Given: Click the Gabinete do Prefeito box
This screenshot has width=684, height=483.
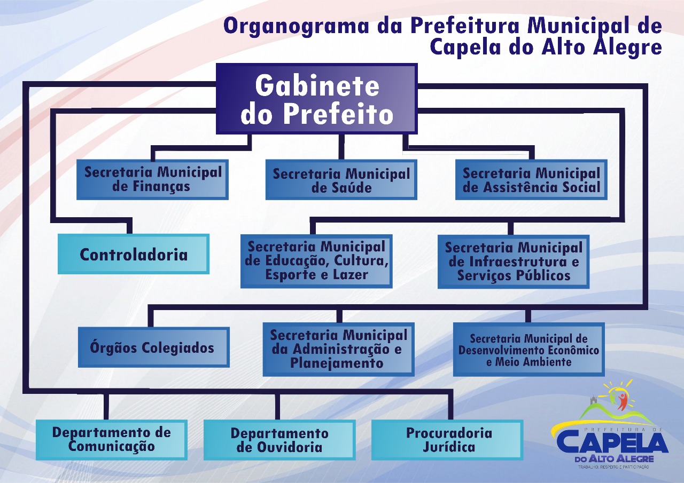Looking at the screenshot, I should point(316,99).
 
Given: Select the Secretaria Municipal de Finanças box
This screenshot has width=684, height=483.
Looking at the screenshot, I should point(152,180).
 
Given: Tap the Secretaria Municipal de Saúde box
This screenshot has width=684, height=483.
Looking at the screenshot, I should point(341,180).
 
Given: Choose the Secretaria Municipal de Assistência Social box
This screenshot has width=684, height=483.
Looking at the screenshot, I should point(531,180).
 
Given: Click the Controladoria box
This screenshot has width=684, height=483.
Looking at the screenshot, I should point(134,254).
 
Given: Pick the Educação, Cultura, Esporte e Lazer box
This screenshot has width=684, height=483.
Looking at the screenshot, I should point(316,261).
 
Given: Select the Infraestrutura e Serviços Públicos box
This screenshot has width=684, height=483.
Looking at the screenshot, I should point(514,262).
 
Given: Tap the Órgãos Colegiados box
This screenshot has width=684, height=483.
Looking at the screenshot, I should point(153,347).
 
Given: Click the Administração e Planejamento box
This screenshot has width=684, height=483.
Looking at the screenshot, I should point(338,349).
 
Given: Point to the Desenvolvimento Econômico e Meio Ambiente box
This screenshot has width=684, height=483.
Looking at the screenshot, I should point(528,349).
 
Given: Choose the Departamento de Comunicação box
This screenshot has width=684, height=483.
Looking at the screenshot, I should point(111,439).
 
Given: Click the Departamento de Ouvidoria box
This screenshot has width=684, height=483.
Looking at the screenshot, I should point(279,440).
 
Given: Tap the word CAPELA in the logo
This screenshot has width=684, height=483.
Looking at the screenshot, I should point(612,442).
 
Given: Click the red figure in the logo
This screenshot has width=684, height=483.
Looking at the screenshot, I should point(623,400).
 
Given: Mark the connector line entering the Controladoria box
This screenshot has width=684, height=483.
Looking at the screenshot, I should point(129,226).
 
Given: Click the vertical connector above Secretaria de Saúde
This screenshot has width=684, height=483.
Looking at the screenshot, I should point(341,147).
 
